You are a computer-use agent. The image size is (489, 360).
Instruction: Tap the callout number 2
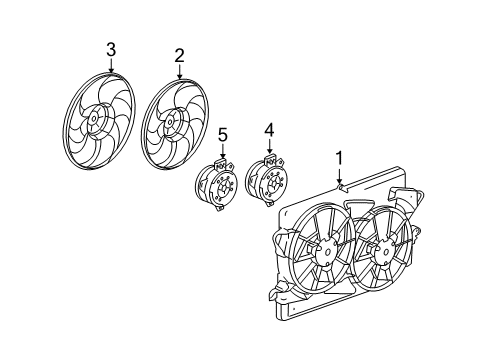tap(179, 56)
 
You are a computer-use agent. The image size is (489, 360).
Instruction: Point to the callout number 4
tap(268, 129)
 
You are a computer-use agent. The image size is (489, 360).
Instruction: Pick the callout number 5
tap(223, 133)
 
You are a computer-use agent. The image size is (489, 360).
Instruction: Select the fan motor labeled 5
tap(215, 184)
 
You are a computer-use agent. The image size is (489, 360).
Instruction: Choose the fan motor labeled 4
tap(265, 180)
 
